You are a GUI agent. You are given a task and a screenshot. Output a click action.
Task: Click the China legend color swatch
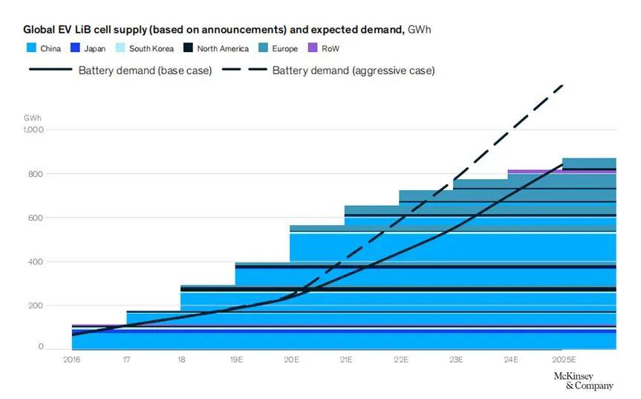pos(30,48)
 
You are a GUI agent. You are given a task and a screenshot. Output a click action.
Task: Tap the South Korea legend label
pos(151,48)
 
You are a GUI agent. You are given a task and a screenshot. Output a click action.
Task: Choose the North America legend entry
pos(223,48)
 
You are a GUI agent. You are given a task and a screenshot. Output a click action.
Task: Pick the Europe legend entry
pos(284,48)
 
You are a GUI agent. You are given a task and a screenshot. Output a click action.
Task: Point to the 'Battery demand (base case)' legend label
pos(145,71)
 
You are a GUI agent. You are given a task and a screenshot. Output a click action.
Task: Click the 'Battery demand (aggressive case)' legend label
pos(354,71)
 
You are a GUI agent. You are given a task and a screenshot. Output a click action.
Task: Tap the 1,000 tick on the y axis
pos(33,130)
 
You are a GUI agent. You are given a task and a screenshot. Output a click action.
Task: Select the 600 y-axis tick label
pos(36,218)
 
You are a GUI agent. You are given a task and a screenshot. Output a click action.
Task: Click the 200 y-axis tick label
pos(36,305)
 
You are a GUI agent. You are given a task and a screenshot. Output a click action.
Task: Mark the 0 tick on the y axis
pos(41,347)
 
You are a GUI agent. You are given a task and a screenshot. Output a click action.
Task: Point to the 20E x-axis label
pos(291,360)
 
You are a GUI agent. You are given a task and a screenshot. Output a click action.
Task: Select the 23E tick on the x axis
pos(456,360)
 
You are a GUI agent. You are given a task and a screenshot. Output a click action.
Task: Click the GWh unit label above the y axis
pos(33,117)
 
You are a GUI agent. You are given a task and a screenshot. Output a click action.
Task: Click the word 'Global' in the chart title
pos(39,30)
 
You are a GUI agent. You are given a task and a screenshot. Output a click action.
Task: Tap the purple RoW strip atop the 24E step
pos(535,172)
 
